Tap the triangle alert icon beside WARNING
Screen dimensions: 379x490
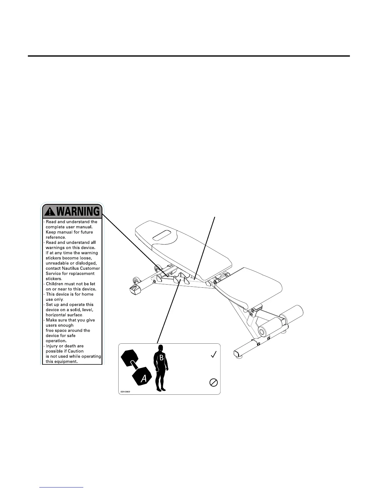[50, 212]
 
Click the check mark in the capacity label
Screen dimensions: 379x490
[214, 355]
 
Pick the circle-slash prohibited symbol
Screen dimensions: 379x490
[214, 383]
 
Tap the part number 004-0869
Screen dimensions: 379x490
[125, 392]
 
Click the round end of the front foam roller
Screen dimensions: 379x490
[262, 332]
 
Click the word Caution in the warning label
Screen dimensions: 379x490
[76, 351]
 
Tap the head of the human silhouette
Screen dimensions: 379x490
[160, 348]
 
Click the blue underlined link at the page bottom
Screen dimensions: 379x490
[62, 488]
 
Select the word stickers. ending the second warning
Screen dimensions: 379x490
[54, 279]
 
